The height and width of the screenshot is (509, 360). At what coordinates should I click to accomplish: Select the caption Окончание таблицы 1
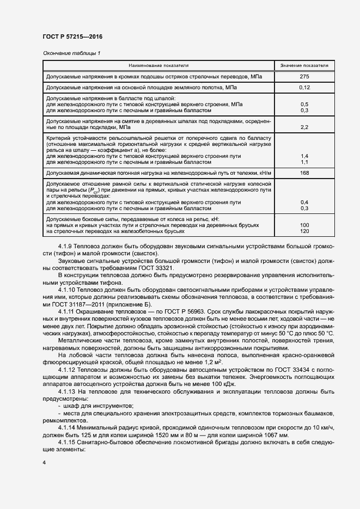71,53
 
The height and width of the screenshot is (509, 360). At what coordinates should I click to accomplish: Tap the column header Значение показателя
304,65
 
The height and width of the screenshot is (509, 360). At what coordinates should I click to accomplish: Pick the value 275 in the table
304,77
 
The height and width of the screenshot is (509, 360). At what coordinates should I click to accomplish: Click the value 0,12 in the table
304,87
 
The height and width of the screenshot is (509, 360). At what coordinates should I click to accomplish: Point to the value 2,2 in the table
304,127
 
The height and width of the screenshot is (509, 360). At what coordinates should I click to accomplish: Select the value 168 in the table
304,173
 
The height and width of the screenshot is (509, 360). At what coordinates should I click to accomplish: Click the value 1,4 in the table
304,156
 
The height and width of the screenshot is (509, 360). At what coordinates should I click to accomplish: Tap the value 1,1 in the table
304,162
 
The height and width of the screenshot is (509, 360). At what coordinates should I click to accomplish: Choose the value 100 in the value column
304,225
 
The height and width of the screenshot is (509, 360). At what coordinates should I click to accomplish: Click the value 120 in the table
304,231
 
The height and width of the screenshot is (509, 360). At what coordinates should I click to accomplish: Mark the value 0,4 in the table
304,202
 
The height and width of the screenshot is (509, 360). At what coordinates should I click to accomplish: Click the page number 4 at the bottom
44,463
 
